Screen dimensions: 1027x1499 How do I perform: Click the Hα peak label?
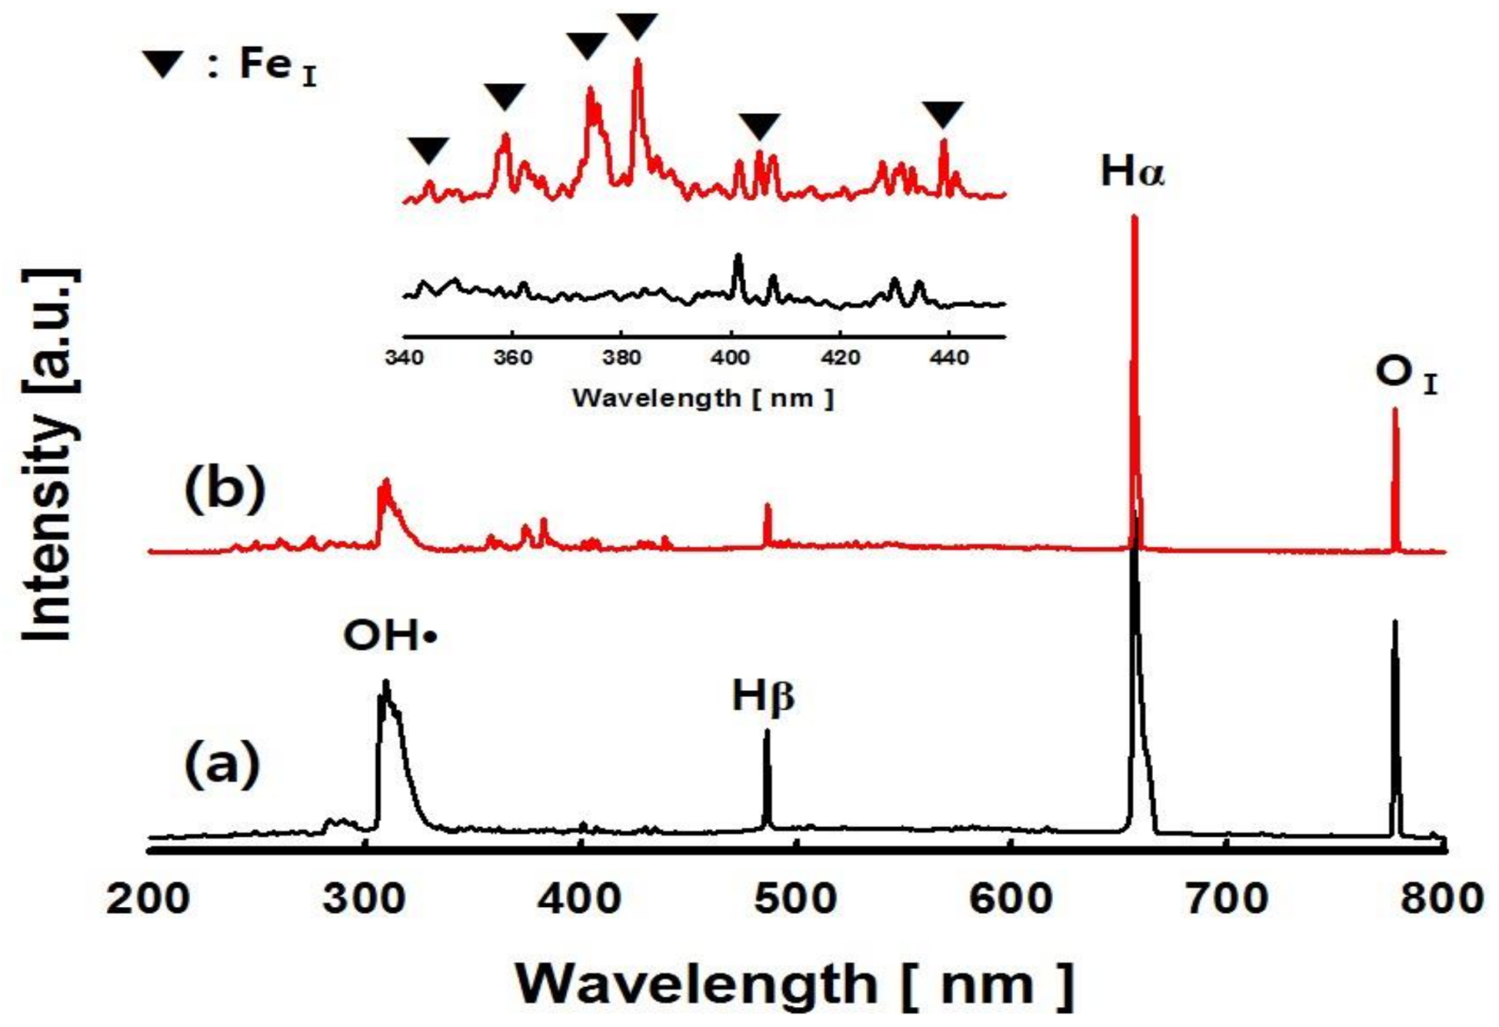tap(1131, 172)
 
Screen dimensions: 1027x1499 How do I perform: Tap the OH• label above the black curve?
tap(389, 636)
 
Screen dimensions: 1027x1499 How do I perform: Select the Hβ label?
tap(763, 696)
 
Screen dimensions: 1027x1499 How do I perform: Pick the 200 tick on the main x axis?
tap(148, 899)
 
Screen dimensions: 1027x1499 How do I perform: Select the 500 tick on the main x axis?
tap(796, 899)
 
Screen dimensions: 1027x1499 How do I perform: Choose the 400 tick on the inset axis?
tap(730, 358)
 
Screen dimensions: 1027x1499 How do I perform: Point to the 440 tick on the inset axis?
tap(949, 358)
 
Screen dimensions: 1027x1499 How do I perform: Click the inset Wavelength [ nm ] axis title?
tap(702, 398)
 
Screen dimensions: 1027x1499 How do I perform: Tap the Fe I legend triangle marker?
tap(163, 64)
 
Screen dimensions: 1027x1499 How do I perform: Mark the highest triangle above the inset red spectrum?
tap(638, 25)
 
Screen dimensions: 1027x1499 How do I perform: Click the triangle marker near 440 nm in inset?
tap(943, 113)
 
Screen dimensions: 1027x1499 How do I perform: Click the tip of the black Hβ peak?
tap(767, 731)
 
